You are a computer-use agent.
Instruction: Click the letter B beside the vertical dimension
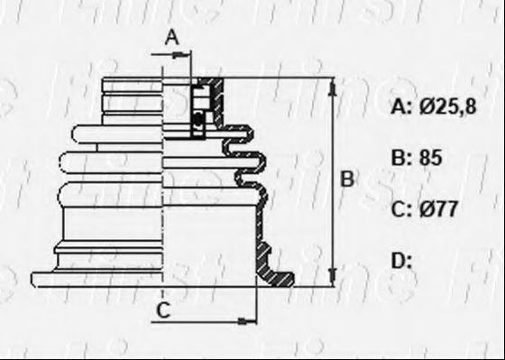click(x=346, y=180)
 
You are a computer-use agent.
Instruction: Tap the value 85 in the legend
click(x=432, y=159)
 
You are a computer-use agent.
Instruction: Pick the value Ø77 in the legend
click(x=439, y=210)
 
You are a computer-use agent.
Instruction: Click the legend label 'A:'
click(x=401, y=108)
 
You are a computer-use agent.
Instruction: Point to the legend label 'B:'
click(x=401, y=159)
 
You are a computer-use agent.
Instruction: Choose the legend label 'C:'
click(x=401, y=210)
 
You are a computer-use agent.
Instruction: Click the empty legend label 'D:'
click(x=402, y=261)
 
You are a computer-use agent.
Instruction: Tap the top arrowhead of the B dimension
click(x=334, y=85)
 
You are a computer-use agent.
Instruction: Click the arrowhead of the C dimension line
click(x=249, y=318)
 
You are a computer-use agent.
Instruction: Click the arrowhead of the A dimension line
click(x=187, y=55)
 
